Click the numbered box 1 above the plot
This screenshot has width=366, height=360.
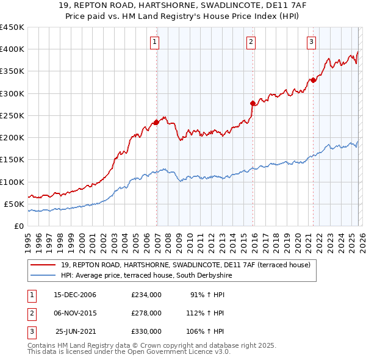click(x=155, y=42)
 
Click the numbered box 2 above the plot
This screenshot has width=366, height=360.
click(x=251, y=42)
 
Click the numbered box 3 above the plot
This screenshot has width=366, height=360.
click(x=311, y=42)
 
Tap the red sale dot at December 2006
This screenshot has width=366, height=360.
click(x=156, y=122)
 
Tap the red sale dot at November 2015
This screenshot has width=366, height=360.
click(x=253, y=103)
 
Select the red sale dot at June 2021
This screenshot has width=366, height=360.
click(x=313, y=80)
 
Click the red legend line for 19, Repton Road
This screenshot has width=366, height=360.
click(x=43, y=265)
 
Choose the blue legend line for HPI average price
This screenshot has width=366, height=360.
click(x=43, y=275)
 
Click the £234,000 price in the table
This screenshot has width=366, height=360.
click(x=146, y=295)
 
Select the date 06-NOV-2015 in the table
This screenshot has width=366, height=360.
click(x=75, y=313)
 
